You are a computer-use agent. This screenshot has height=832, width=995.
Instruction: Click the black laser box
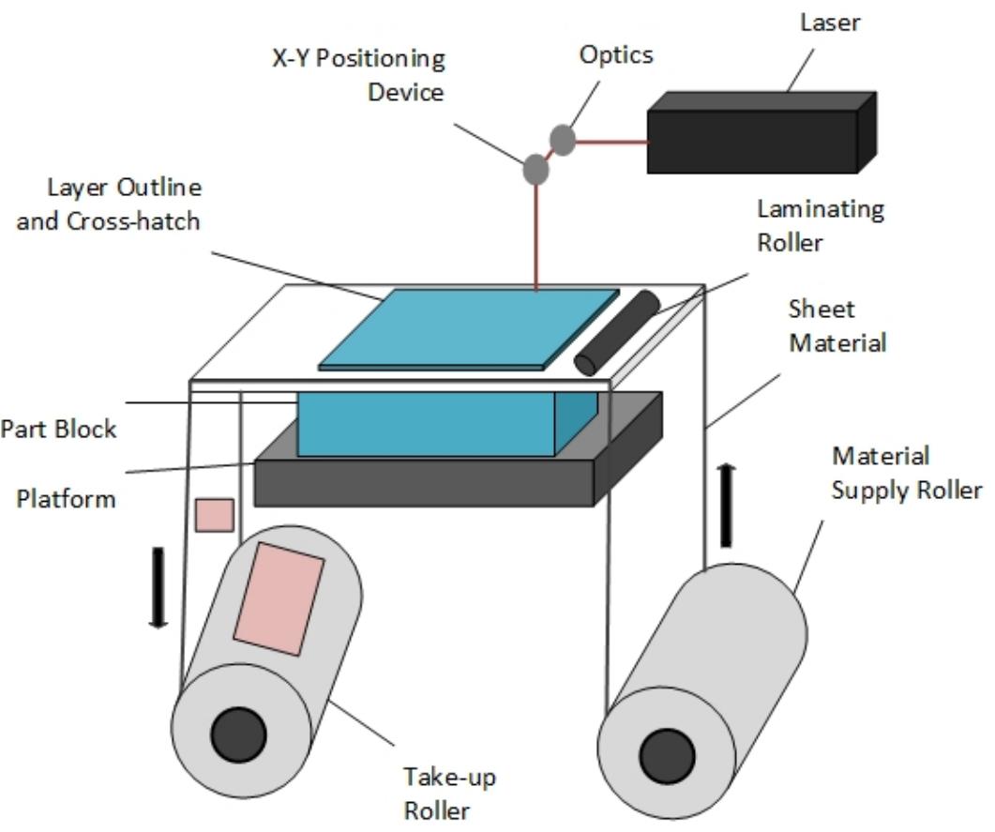(x=750, y=141)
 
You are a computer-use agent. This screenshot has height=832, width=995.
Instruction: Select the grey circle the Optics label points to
(x=562, y=140)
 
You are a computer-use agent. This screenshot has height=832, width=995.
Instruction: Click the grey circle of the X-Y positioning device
(x=535, y=170)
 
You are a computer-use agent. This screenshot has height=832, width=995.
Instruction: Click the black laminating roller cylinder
(x=618, y=333)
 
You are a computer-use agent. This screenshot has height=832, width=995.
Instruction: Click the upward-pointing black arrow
(x=727, y=506)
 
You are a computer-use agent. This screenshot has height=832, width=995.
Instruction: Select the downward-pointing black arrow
(x=158, y=587)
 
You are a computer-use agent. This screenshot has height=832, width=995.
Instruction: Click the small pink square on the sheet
(x=214, y=515)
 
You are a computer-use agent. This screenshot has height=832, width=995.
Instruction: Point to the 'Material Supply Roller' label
(x=906, y=474)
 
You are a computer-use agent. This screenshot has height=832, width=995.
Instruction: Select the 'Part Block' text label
(x=58, y=429)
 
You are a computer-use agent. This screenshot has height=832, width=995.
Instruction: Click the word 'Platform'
(x=66, y=497)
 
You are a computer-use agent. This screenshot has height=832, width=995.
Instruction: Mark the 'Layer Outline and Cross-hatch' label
(x=109, y=204)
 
